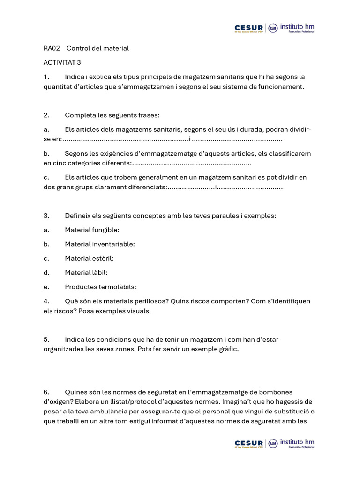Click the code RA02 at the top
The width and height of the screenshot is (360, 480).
(52, 48)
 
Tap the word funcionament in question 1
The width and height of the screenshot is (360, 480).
(282, 86)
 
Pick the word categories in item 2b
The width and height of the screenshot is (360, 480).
(86, 163)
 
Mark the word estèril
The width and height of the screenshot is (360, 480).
(103, 258)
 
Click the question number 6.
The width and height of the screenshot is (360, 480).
(46, 392)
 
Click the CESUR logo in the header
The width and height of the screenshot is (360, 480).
(249, 29)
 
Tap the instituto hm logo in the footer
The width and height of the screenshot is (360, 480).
(297, 443)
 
